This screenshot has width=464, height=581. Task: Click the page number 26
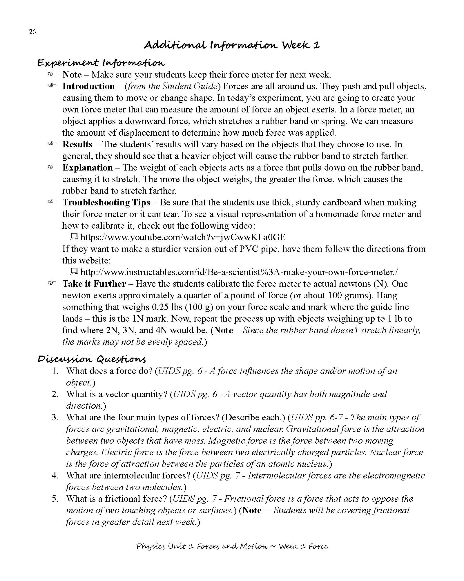(x=32, y=32)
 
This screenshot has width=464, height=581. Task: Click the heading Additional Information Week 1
(x=232, y=45)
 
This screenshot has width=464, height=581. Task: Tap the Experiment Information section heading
(x=101, y=63)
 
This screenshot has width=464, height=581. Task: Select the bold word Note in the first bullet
(x=72, y=75)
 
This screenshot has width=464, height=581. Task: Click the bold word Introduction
(x=88, y=86)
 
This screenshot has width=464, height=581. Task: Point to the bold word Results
(x=77, y=144)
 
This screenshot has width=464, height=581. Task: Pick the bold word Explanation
(x=88, y=168)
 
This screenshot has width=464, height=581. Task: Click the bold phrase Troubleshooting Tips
(x=106, y=202)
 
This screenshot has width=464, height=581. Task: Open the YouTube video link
(x=183, y=237)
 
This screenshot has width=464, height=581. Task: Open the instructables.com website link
(x=239, y=272)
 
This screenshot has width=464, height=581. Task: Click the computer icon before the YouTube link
(x=74, y=237)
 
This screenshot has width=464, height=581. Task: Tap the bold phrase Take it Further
(x=94, y=284)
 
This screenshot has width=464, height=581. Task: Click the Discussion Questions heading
(x=92, y=359)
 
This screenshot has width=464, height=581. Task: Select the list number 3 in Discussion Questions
(x=55, y=417)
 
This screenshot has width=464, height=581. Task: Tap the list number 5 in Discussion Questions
(x=55, y=499)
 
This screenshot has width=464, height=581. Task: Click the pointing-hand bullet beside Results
(x=52, y=144)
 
